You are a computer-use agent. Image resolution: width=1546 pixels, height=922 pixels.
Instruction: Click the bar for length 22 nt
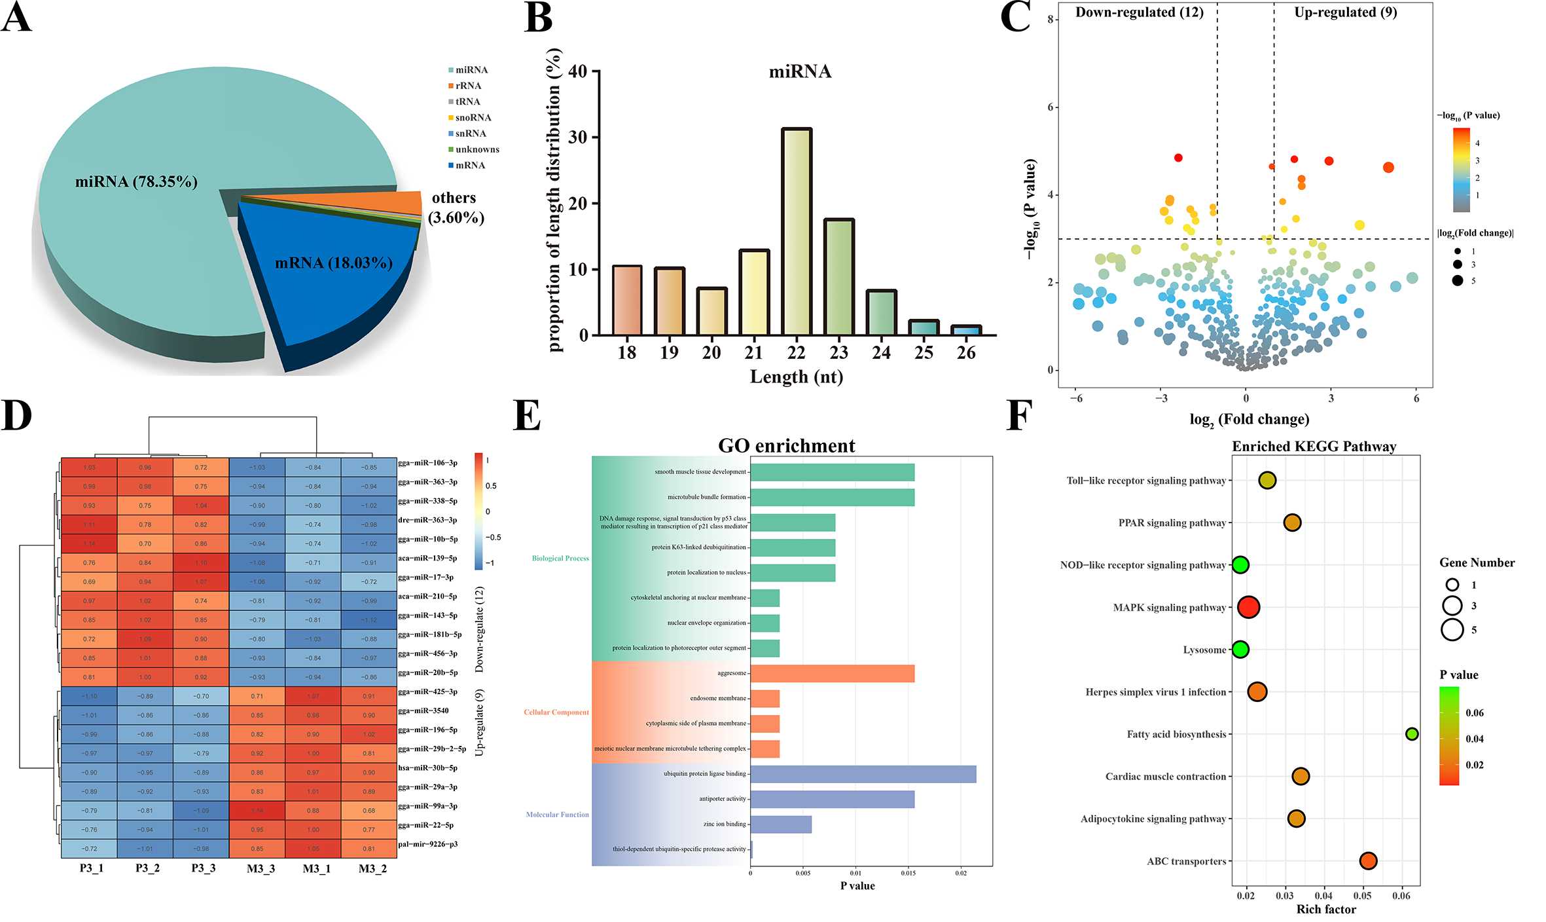tap(797, 232)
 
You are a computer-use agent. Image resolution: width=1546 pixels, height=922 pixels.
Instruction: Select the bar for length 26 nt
tap(966, 330)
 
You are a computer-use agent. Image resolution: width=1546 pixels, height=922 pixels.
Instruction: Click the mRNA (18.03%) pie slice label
tap(334, 263)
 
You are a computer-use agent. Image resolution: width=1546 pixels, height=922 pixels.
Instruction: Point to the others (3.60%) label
tap(456, 208)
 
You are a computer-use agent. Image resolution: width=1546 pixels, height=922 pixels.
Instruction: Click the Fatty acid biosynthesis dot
tap(1412, 734)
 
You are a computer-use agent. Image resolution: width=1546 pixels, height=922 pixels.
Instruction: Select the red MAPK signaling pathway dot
tap(1248, 607)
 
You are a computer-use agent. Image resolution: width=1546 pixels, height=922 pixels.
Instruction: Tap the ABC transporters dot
tap(1367, 861)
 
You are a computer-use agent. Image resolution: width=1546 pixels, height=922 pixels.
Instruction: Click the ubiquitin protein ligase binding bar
tap(863, 774)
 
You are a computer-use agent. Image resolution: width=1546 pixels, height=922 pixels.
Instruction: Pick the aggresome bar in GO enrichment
tap(832, 673)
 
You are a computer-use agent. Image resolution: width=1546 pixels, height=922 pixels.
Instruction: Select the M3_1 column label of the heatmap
tap(316, 869)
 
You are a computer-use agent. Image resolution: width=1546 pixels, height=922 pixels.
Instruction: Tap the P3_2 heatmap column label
tap(147, 869)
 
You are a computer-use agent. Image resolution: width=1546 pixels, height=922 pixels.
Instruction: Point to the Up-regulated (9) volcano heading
tap(1345, 12)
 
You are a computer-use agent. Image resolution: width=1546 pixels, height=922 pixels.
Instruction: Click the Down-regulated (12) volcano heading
tap(1139, 12)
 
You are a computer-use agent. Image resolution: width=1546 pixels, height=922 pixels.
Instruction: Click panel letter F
tap(1019, 415)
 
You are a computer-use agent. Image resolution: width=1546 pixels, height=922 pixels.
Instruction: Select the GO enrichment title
tap(786, 446)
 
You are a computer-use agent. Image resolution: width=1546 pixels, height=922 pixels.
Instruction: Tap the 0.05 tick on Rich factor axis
tap(1362, 896)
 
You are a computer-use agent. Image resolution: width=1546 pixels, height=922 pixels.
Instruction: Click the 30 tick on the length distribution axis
tap(578, 138)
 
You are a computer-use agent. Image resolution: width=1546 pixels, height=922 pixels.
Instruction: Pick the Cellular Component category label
tap(556, 712)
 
